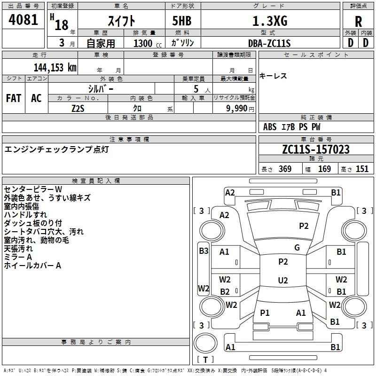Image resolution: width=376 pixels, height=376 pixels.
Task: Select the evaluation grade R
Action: pos(359,22)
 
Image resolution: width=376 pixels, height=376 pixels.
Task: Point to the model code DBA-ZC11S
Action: pos(270,43)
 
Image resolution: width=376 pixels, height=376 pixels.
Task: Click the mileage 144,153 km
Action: pos(55,67)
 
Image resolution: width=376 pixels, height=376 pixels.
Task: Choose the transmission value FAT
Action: pos(14,98)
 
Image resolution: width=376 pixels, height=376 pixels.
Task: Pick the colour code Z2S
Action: pos(78,108)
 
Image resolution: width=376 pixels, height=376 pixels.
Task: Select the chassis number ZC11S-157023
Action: pos(315,149)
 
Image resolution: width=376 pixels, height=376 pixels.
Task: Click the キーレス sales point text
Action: pos(273,76)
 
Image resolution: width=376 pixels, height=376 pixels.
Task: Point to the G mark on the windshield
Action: pos(297,248)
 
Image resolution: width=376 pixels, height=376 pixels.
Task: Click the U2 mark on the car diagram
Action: pos(283,281)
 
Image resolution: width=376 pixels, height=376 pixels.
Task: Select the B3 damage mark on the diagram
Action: pos(204,251)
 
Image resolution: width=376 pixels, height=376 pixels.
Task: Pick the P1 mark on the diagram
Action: pos(265,313)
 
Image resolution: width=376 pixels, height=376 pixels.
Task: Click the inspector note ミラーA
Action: pos(18,257)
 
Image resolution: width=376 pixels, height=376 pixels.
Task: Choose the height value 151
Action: pos(362,169)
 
